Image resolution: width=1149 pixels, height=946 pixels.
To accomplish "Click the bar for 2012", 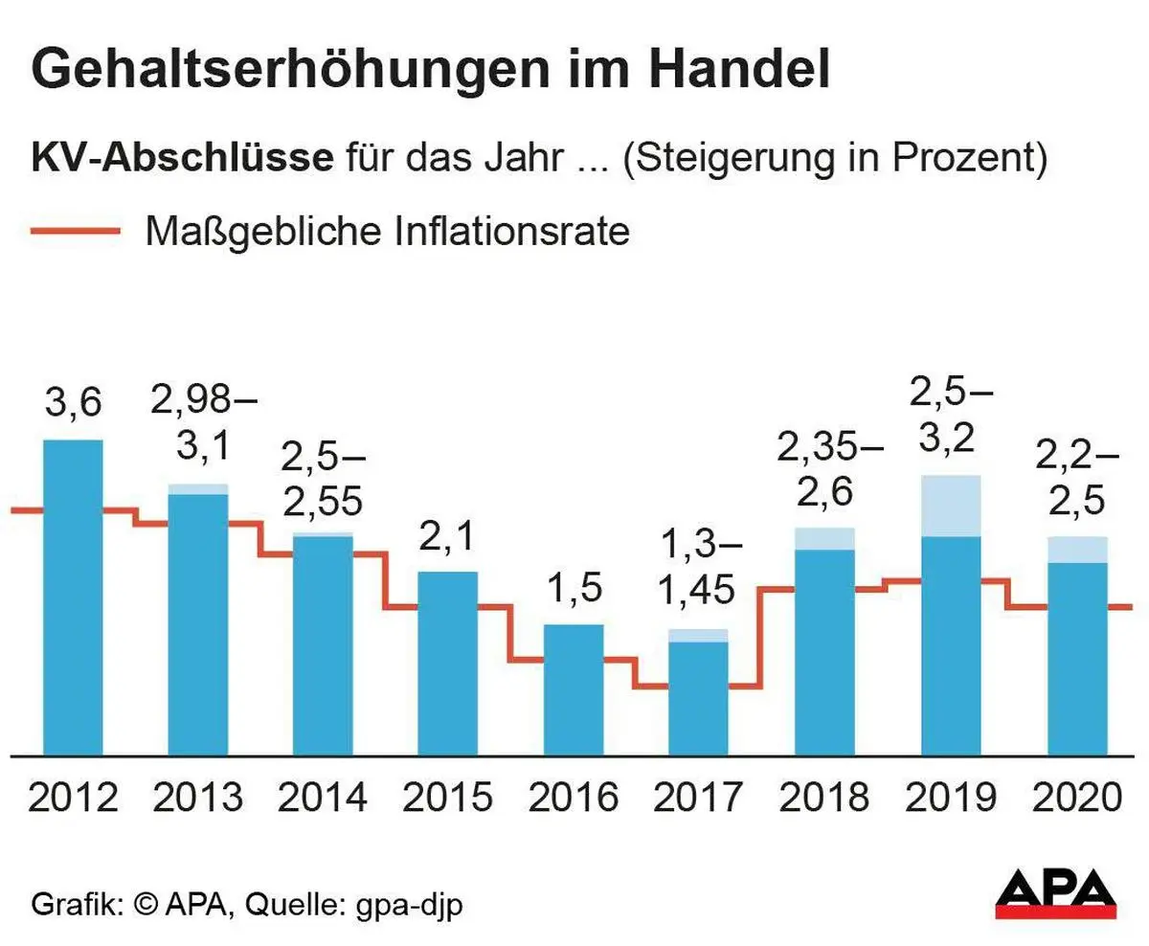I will click(x=73, y=598).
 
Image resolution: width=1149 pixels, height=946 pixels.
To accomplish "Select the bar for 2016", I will click(x=574, y=689).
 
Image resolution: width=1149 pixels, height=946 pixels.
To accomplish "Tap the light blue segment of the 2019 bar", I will click(x=951, y=506).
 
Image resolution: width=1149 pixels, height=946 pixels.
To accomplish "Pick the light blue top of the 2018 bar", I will click(x=824, y=538).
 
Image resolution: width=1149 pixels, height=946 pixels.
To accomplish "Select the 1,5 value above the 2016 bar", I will click(x=574, y=588).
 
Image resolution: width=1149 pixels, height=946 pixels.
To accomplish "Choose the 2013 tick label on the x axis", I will click(x=198, y=797).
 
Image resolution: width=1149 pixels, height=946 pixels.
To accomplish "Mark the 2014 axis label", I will click(x=323, y=797).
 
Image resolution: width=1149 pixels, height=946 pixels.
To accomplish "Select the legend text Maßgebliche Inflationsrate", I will click(x=387, y=232).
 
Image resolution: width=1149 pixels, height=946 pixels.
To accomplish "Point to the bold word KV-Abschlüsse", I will click(x=182, y=158).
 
